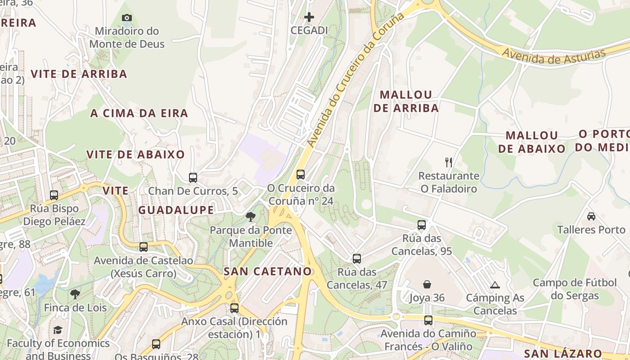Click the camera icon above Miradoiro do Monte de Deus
[x=127, y=18]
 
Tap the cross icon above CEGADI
[x=309, y=18]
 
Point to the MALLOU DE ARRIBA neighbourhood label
[x=406, y=101]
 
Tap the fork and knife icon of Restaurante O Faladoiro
[x=448, y=162]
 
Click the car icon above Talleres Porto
[x=591, y=216]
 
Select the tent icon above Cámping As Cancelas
[x=495, y=284]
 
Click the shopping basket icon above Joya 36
[x=427, y=284]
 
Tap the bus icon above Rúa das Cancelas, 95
[x=422, y=225]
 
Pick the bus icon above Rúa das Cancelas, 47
[x=357, y=258]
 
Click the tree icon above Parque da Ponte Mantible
[x=251, y=217]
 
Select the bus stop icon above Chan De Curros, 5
[x=193, y=177]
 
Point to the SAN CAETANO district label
[x=268, y=271]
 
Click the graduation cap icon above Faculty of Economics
[x=58, y=330]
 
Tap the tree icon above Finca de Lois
[x=75, y=294]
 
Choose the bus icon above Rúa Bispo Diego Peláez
[x=54, y=195]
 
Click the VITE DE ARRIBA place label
[x=79, y=74]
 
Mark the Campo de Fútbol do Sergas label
[x=575, y=289]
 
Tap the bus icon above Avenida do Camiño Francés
[x=428, y=320]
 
